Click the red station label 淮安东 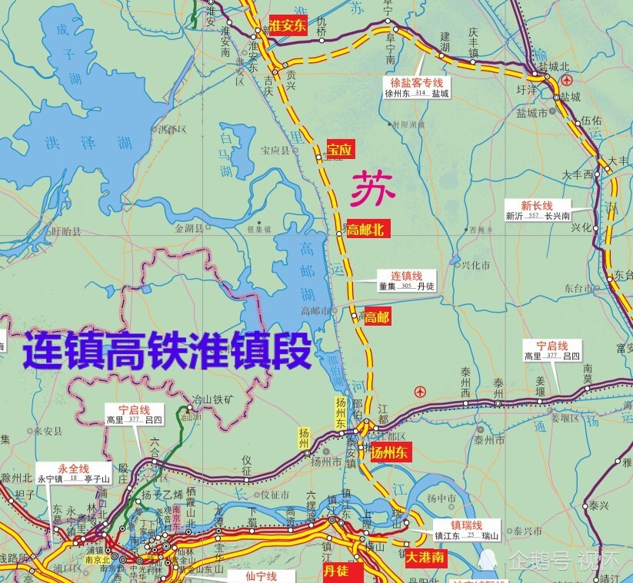pos(288,24)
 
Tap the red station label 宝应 pos(339,151)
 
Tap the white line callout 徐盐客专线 pos(418,88)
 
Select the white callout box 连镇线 pos(407,280)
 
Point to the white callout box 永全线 pos(74,473)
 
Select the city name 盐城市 pos(532,112)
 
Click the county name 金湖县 pos(188,228)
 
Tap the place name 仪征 pos(247,459)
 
